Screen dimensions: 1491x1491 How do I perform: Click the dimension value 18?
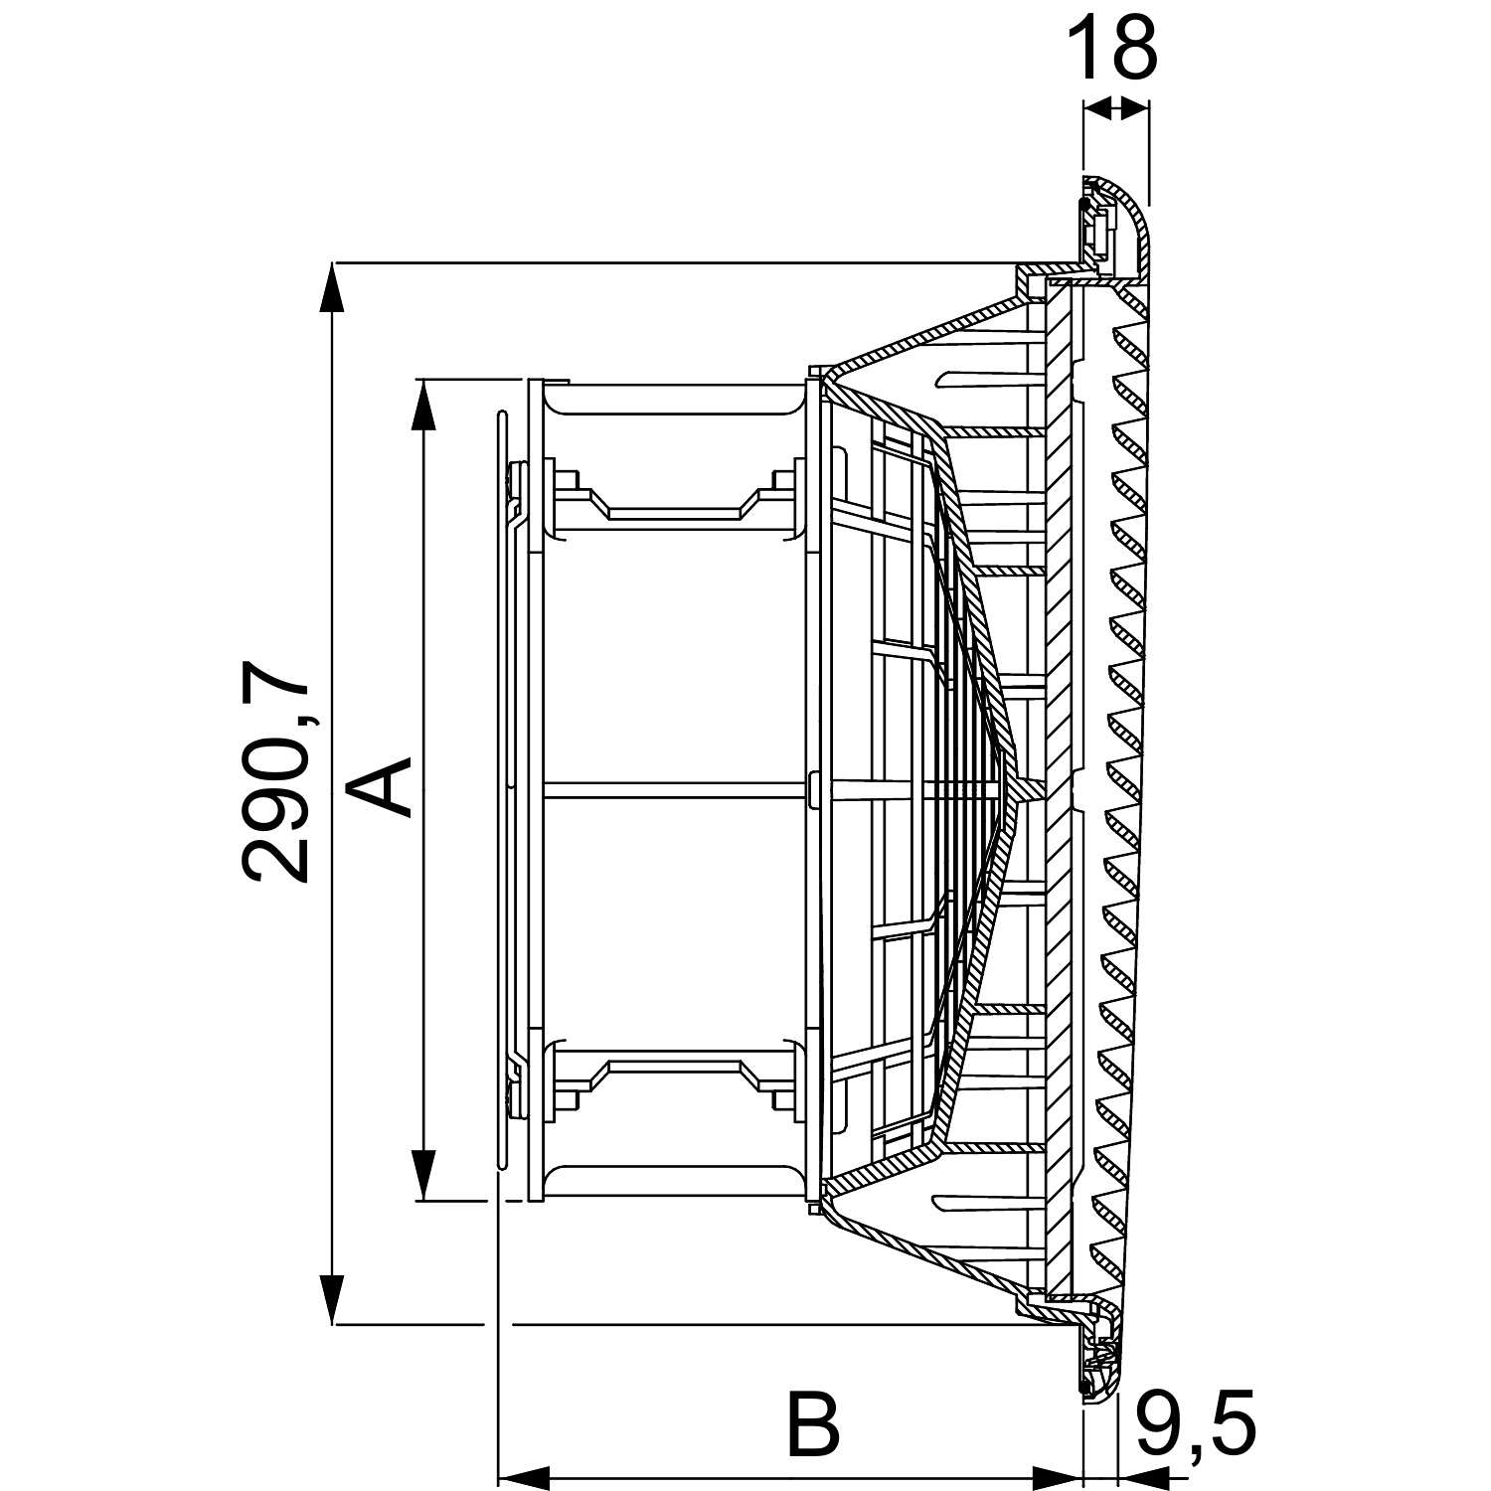[x=1112, y=47]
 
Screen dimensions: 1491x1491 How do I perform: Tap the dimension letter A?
[x=380, y=785]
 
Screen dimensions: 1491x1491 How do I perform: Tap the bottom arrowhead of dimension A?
[x=424, y=1174]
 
